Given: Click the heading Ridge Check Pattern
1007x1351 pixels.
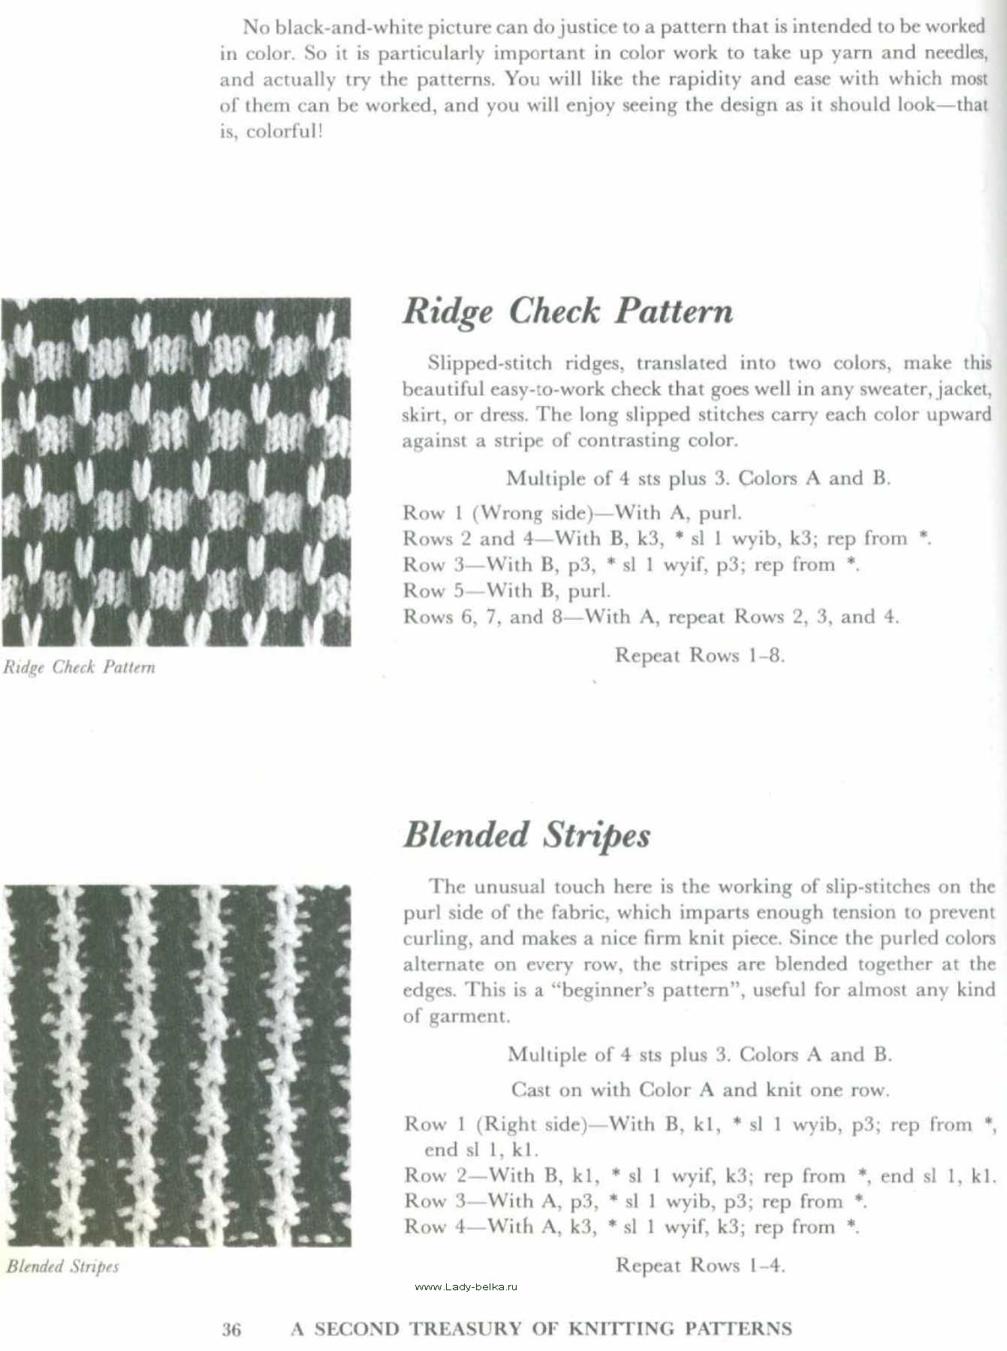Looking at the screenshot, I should tap(568, 311).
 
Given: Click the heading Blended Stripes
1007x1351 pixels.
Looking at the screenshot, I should tap(526, 835).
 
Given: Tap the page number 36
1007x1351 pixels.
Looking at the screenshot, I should tap(232, 1329).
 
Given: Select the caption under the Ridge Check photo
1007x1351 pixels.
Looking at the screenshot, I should tap(79, 667).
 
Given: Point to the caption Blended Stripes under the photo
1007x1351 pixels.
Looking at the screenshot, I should tap(63, 1266).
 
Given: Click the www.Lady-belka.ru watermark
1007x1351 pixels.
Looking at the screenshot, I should tap(466, 1286).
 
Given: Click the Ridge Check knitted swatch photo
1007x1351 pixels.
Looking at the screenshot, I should tap(176, 472).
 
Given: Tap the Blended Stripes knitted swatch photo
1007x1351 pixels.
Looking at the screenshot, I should tap(176, 1066).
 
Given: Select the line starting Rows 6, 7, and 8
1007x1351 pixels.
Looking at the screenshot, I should tap(650, 617).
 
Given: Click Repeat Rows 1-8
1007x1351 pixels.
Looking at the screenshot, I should tap(699, 655).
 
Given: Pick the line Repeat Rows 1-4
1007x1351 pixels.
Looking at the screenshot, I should tap(700, 1265).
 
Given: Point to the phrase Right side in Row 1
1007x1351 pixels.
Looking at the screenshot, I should tap(531, 1124).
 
